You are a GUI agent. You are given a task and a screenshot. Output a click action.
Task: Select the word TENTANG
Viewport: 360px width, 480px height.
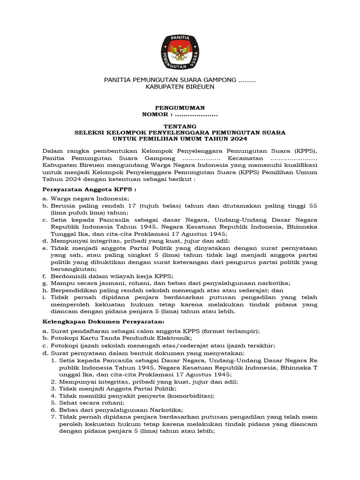pos(180,127)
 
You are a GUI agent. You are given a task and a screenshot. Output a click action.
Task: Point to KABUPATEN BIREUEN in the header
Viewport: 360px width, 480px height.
pos(180,87)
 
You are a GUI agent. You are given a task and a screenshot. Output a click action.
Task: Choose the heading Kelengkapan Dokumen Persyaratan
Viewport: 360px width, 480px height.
pos(104,322)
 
